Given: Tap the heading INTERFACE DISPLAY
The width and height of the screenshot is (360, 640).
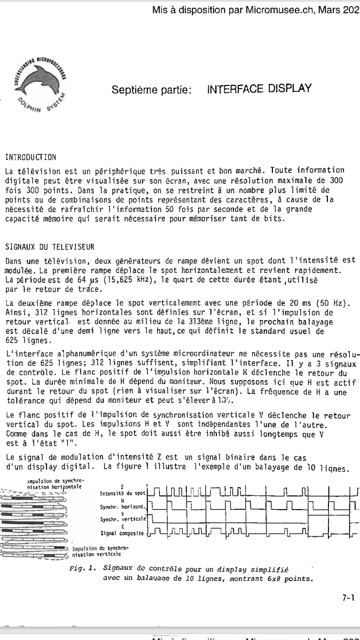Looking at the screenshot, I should pos(259,89).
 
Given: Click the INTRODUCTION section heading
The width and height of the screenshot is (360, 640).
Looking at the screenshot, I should pos(30,157).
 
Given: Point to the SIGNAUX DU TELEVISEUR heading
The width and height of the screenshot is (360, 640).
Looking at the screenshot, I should pos(50,247).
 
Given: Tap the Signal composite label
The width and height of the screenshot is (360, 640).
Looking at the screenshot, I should pos(122,533).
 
